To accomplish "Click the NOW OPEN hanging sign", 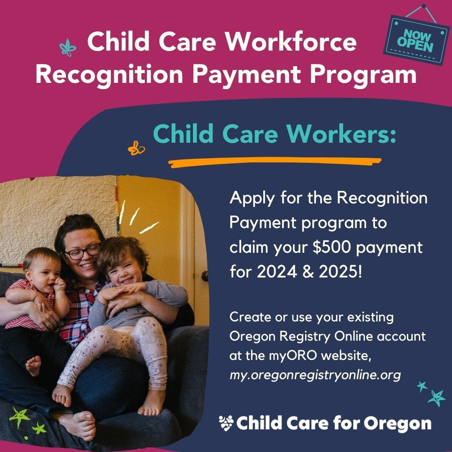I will click(416, 40).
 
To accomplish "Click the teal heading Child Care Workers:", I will click(274, 134).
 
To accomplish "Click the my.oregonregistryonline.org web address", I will click(315, 375).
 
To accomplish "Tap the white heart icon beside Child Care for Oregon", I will click(226, 423).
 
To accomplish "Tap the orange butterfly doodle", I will click(136, 148).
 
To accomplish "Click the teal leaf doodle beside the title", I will click(66, 48).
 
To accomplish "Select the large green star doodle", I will click(19, 416).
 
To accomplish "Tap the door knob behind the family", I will click(205, 276).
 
